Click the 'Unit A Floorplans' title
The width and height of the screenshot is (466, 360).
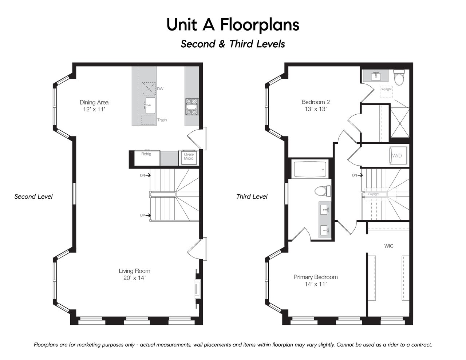click(x=233, y=25)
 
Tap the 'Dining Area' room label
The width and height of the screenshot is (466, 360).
click(x=94, y=102)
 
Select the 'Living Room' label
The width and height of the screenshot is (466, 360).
click(x=134, y=271)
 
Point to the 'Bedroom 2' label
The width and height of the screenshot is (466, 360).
click(x=315, y=102)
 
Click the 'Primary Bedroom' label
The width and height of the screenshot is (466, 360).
click(x=315, y=277)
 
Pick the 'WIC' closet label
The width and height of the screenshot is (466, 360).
click(x=389, y=246)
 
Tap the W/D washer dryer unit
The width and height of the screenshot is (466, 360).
click(x=398, y=155)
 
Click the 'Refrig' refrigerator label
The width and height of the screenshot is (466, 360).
click(x=146, y=154)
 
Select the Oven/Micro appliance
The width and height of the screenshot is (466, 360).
click(x=189, y=158)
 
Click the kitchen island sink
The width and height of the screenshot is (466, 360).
click(x=150, y=106)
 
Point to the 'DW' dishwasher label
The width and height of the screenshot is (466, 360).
click(x=160, y=89)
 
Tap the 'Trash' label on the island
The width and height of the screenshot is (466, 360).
click(x=162, y=120)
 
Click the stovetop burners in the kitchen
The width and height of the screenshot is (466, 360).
click(x=192, y=107)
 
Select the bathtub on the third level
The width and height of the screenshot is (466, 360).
click(x=310, y=169)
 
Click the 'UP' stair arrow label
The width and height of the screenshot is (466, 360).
click(x=142, y=215)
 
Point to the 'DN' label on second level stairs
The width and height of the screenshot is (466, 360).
click(x=142, y=175)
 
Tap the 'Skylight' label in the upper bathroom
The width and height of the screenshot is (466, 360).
click(x=386, y=89)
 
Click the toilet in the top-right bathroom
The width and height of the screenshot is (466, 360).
click(x=399, y=78)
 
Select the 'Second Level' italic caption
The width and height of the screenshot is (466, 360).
click(x=33, y=197)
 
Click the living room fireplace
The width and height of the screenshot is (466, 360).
click(x=198, y=288)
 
